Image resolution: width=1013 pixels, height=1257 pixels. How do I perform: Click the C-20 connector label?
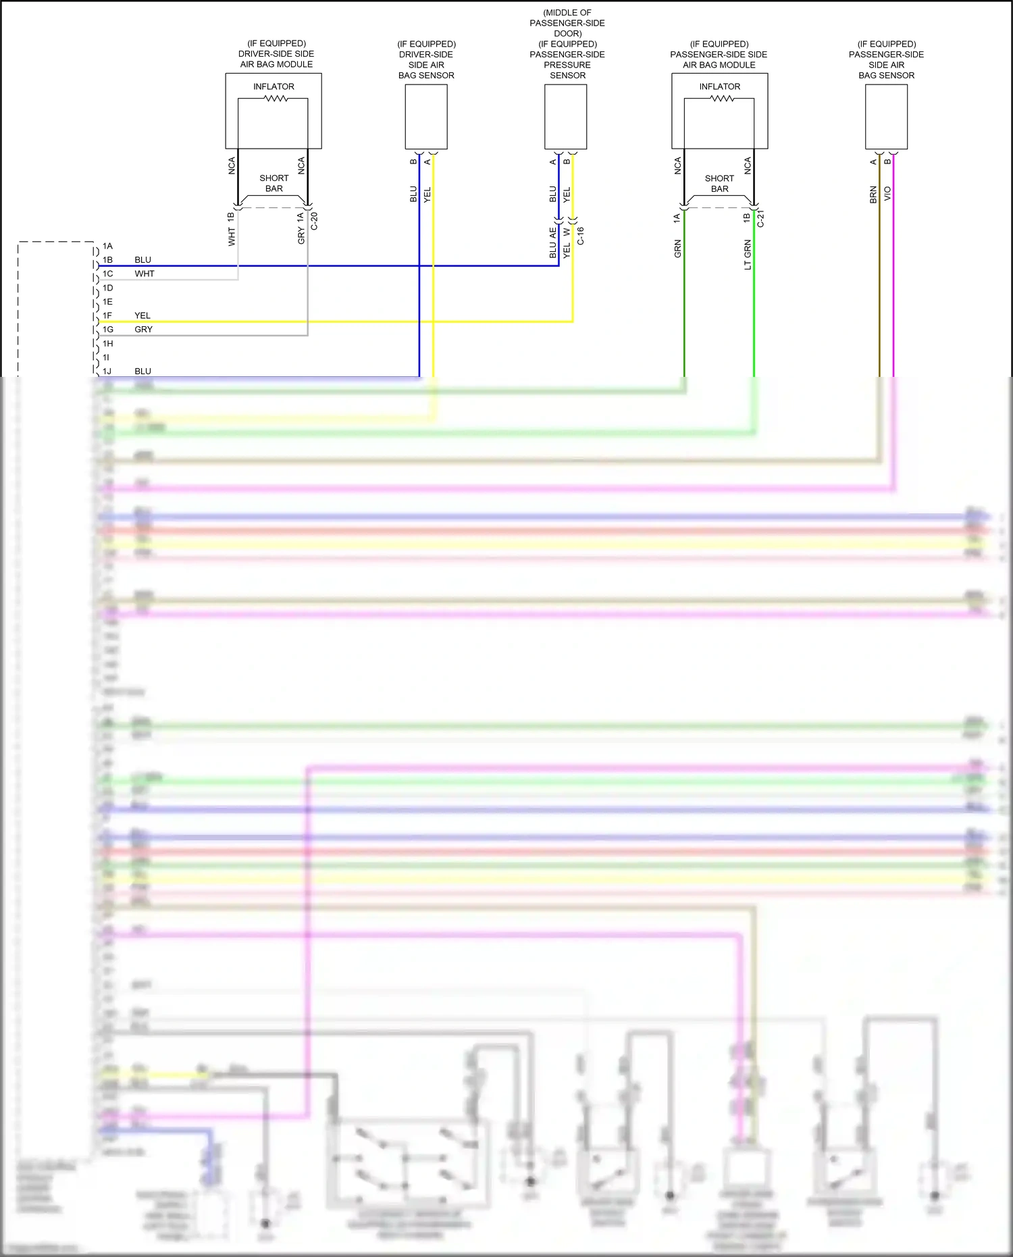click(x=314, y=222)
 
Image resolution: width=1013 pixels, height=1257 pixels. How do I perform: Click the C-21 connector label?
click(x=760, y=218)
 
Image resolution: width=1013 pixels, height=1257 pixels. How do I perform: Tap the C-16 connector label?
click(x=580, y=236)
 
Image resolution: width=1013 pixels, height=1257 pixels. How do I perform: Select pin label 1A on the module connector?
click(x=107, y=246)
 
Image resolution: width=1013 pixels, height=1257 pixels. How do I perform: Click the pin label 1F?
click(x=107, y=315)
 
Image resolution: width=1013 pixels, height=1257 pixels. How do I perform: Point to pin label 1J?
click(x=107, y=371)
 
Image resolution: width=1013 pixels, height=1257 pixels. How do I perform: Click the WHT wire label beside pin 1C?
click(x=145, y=274)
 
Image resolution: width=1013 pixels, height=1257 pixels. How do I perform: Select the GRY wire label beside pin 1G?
click(x=143, y=330)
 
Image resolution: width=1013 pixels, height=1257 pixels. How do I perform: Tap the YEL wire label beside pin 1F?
click(x=142, y=315)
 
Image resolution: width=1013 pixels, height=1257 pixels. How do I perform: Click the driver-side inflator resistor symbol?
click(x=276, y=99)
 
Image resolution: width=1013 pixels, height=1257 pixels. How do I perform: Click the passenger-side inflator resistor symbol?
click(x=722, y=99)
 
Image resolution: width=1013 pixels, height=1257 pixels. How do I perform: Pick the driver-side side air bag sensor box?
click(x=426, y=117)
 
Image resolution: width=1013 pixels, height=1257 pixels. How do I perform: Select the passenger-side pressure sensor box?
click(x=566, y=117)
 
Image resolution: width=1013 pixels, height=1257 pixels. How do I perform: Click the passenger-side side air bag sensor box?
click(x=886, y=117)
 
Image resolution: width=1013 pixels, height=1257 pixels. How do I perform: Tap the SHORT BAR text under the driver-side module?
click(x=274, y=183)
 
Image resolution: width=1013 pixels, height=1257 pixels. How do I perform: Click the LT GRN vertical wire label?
click(x=748, y=255)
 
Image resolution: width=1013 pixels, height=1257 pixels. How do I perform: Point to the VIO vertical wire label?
click(x=887, y=193)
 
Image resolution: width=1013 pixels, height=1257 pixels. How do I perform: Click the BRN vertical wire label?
click(x=873, y=195)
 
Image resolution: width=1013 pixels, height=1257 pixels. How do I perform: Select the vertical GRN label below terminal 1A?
click(x=677, y=249)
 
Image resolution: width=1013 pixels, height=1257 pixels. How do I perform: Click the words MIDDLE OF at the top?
click(x=567, y=13)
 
